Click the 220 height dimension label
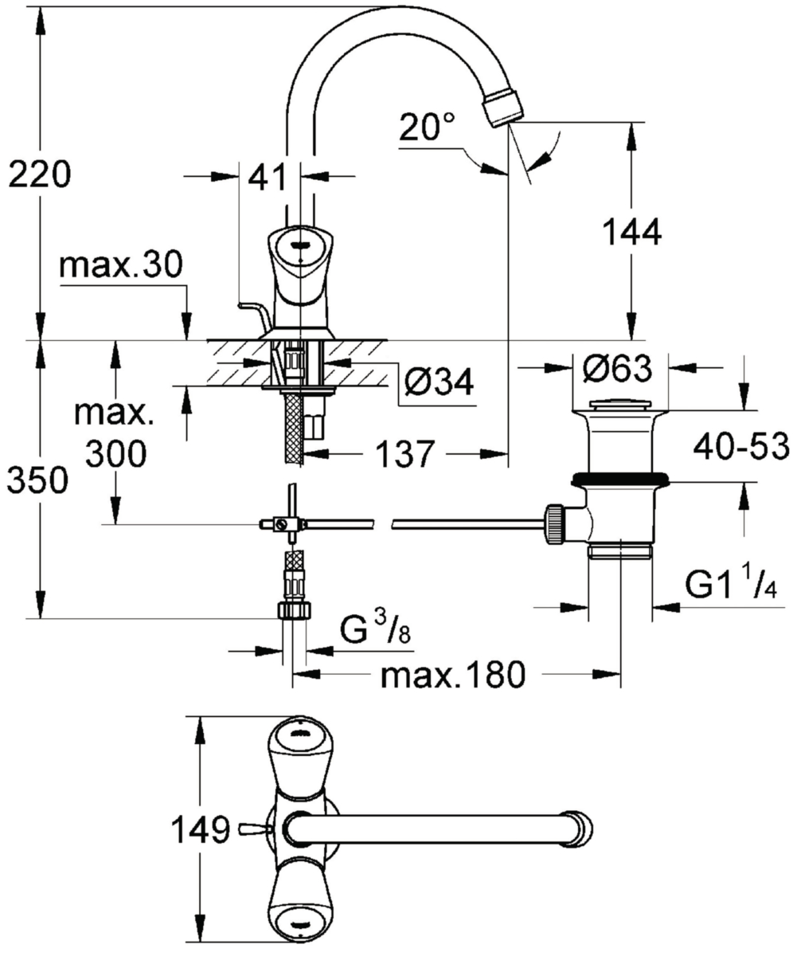[x=41, y=174]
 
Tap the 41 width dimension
[x=267, y=176]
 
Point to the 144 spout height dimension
[x=632, y=233]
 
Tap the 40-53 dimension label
[x=741, y=446]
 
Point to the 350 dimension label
[x=37, y=480]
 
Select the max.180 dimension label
[x=452, y=676]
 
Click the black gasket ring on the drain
[x=621, y=479]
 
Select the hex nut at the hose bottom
[x=294, y=611]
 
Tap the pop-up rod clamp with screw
[x=279, y=523]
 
